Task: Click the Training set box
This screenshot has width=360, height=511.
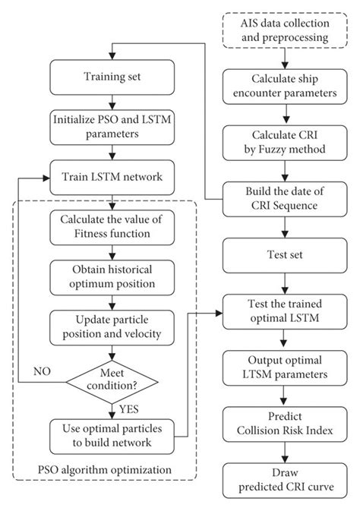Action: point(112,77)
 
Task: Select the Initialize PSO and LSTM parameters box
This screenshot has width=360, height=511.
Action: point(112,126)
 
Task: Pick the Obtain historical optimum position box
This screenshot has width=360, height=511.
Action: point(112,276)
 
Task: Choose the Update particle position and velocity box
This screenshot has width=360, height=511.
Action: point(112,326)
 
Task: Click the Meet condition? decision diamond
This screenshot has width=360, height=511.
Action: point(112,377)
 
